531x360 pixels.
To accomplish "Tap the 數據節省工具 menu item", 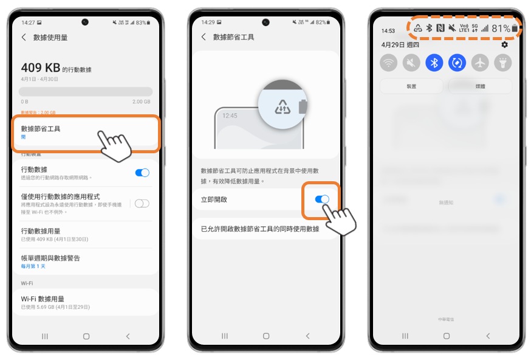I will pyautogui.click(x=41, y=129).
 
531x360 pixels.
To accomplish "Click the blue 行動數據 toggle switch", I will pyautogui.click(x=142, y=173).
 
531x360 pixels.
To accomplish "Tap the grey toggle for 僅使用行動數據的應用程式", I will pyautogui.click(x=142, y=204).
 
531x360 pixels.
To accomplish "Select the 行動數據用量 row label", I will pyautogui.click(x=41, y=231).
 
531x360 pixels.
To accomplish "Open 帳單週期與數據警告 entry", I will pyautogui.click(x=50, y=258).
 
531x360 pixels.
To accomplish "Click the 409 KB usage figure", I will pyautogui.click(x=40, y=67).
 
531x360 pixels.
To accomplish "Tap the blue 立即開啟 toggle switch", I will pyautogui.click(x=322, y=199).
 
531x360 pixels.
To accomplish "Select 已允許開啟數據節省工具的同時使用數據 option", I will pyautogui.click(x=260, y=229).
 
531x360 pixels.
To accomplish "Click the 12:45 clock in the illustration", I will pyautogui.click(x=230, y=115).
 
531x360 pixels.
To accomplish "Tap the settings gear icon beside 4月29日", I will pyautogui.click(x=504, y=45).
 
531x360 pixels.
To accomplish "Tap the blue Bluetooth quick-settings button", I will pyautogui.click(x=434, y=62).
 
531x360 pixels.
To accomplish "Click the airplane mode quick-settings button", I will pyautogui.click(x=480, y=62).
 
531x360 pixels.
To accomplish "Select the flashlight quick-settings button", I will pyautogui.click(x=503, y=62).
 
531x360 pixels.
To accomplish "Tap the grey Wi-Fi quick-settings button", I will pyautogui.click(x=388, y=62).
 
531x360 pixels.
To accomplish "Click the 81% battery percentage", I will pyautogui.click(x=501, y=29).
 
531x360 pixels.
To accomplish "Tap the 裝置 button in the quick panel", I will pyautogui.click(x=412, y=86).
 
